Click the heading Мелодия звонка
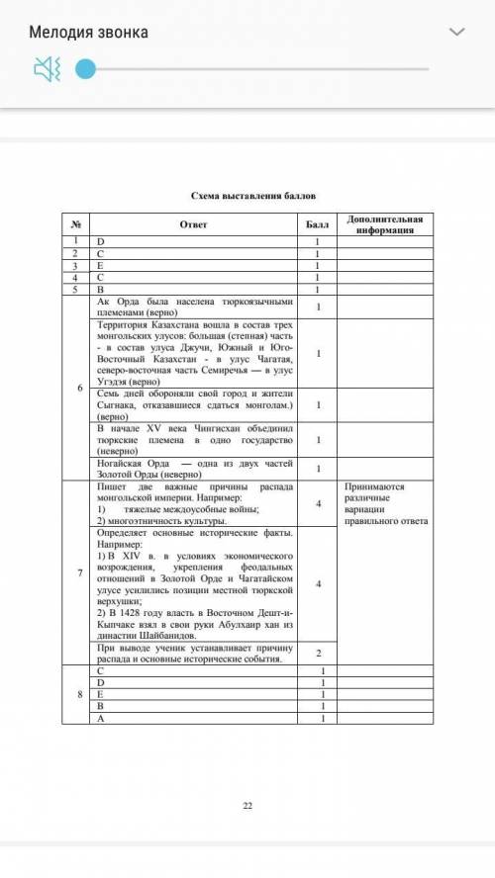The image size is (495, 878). tap(89, 33)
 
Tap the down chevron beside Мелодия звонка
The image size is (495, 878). tap(456, 33)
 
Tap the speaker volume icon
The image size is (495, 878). tap(47, 69)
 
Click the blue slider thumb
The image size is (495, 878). tap(86, 69)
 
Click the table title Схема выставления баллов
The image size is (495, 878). tap(247, 198)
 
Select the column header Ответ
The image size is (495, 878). tap(193, 223)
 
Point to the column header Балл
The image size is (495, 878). tap(318, 223)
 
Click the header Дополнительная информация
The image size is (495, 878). tap(385, 223)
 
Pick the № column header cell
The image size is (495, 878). tap(74, 223)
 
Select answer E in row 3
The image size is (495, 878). tap(99, 265)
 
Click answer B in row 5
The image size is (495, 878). tap(99, 289)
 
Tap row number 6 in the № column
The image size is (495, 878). tap(77, 387)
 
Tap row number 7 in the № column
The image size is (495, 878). tap(77, 571)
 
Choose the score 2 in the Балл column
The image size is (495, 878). tap(318, 654)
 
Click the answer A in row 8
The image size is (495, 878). tap(99, 719)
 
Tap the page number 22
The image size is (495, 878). tap(247, 807)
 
